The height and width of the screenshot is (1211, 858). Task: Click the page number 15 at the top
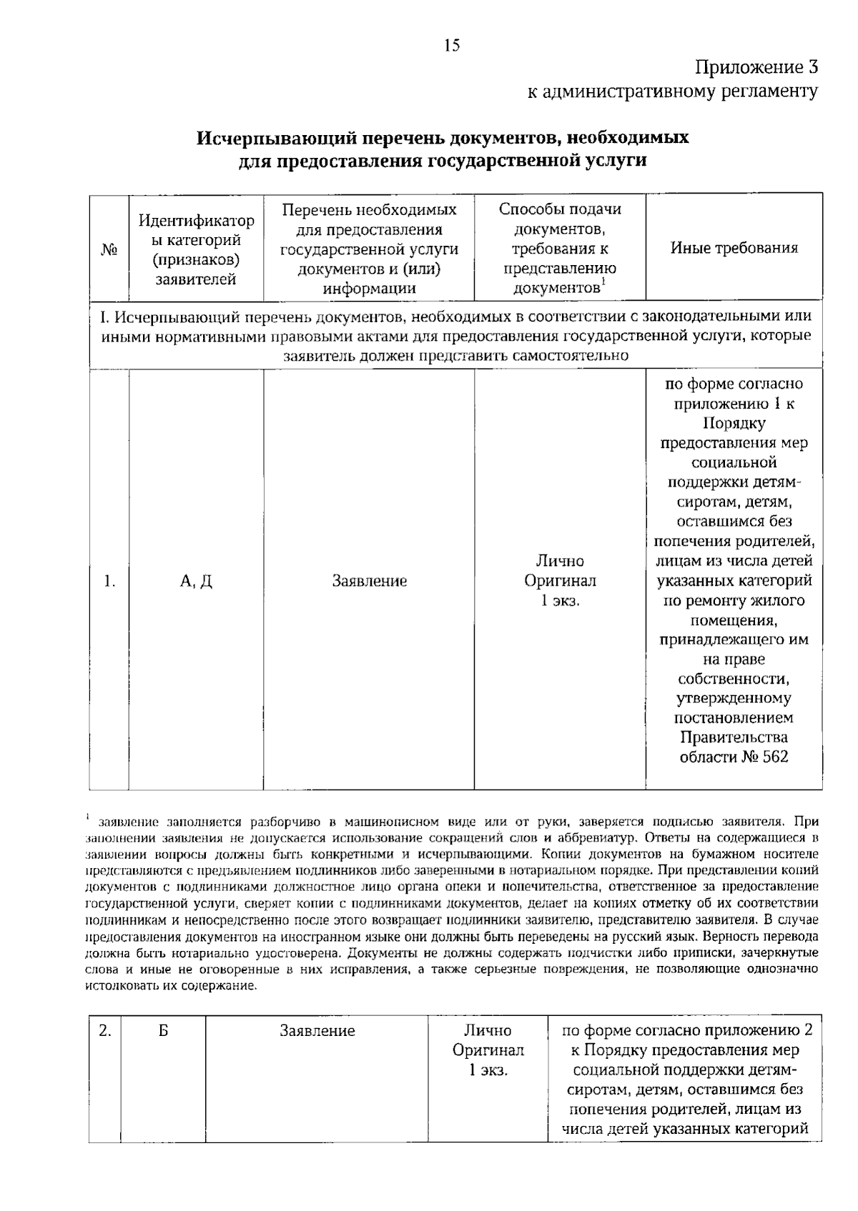[451, 46]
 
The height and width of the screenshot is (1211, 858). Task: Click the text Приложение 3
[756, 68]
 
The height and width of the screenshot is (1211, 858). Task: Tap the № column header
[109, 249]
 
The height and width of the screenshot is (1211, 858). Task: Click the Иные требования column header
[734, 248]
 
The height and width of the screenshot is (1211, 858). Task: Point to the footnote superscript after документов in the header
[603, 281]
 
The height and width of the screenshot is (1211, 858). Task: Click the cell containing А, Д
[196, 582]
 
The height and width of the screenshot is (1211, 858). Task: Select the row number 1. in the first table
[109, 582]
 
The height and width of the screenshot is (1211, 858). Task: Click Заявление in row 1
[369, 582]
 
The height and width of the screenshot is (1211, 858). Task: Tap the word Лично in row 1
[560, 562]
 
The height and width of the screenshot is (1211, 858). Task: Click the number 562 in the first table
[775, 757]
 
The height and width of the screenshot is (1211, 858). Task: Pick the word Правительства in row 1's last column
[734, 737]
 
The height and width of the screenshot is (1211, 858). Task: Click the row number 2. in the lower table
[104, 1031]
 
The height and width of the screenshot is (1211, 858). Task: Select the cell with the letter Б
[163, 1031]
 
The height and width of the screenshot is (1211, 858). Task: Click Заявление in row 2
[317, 1031]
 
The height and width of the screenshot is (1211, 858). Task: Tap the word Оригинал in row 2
[488, 1050]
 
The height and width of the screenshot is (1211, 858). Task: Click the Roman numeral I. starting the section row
[105, 317]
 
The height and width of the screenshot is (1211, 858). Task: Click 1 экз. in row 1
[560, 601]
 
